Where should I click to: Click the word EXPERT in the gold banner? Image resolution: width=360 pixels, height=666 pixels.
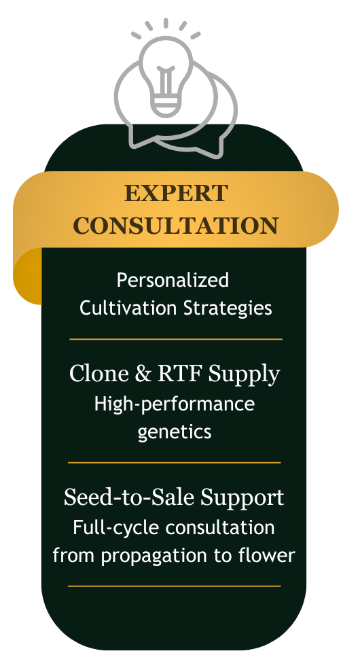[176, 193]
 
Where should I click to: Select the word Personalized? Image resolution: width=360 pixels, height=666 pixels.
[173, 281]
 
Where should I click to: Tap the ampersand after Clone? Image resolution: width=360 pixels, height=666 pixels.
[143, 374]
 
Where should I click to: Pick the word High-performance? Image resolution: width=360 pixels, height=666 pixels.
[175, 404]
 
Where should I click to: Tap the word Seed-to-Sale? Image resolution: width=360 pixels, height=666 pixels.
[130, 497]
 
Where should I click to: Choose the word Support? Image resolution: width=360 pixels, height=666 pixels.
[242, 498]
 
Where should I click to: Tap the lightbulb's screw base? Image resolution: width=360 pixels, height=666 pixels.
[166, 105]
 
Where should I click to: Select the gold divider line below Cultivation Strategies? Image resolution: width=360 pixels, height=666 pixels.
[176, 339]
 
